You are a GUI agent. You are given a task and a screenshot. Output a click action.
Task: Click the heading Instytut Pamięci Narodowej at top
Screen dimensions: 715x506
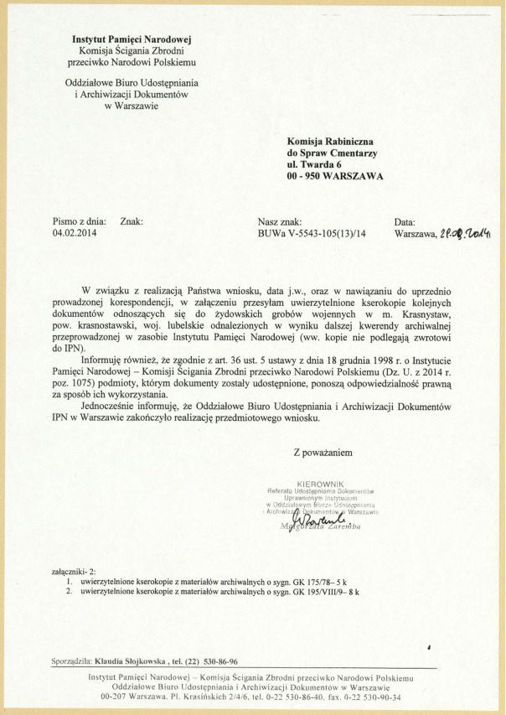point(132,39)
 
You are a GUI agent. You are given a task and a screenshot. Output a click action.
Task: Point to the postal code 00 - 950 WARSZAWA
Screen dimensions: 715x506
point(335,177)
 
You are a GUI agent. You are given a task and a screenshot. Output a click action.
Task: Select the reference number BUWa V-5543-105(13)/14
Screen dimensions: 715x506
point(312,235)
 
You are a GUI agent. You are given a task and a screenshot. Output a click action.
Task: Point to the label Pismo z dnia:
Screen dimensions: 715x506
point(79,222)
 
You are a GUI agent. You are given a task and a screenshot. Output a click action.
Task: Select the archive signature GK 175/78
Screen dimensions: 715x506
point(303,581)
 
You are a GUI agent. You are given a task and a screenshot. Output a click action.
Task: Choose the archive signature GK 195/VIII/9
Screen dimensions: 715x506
point(308,591)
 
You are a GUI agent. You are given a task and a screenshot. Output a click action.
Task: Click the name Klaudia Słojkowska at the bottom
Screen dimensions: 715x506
point(131,661)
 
